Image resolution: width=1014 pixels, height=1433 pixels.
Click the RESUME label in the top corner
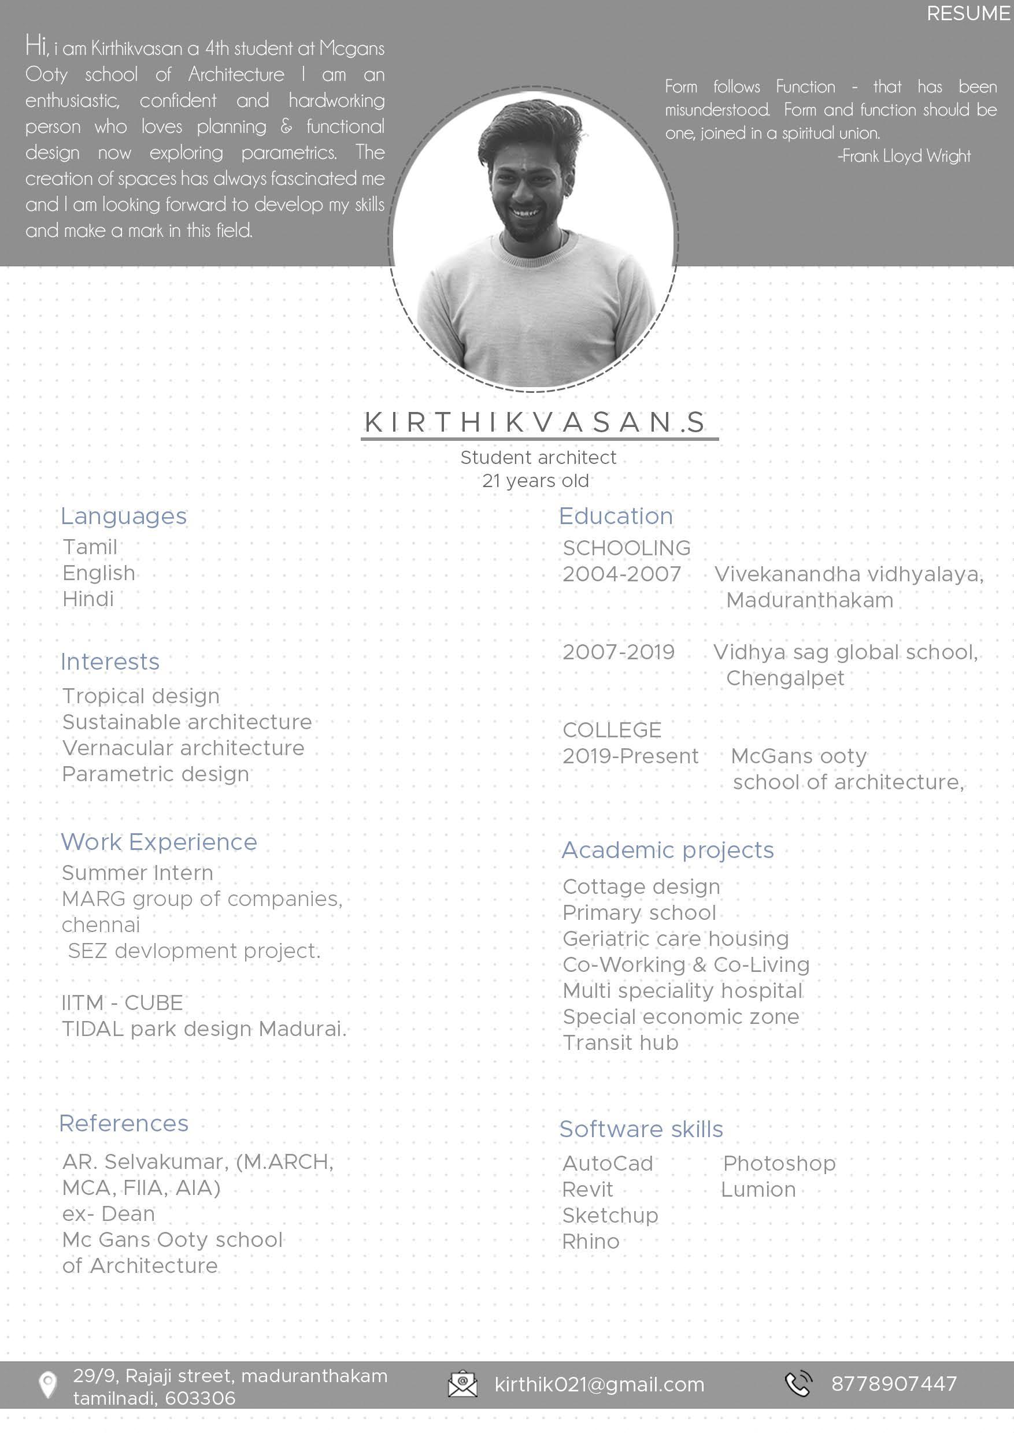[x=968, y=14]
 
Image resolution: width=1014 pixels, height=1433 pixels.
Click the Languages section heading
[x=124, y=516]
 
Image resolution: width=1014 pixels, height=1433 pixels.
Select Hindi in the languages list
[x=88, y=599]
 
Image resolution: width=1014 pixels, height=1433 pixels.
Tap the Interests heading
[x=110, y=662]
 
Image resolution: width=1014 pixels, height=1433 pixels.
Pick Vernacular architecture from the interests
[x=183, y=748]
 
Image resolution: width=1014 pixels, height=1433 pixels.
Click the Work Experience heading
[x=158, y=842]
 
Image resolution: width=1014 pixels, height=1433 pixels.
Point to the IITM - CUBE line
[x=123, y=1003]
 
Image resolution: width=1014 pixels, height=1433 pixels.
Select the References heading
[x=124, y=1123]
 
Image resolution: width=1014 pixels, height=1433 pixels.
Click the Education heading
[x=616, y=516]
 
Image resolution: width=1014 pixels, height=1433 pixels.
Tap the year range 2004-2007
[x=621, y=574]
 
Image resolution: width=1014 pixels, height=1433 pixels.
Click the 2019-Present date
[x=630, y=756]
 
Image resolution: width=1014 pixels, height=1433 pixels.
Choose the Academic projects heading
[x=668, y=850]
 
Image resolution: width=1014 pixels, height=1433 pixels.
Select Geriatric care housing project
[x=676, y=939]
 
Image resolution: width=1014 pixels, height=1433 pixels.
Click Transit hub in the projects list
[x=620, y=1043]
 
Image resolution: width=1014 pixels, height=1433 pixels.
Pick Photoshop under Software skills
[x=779, y=1163]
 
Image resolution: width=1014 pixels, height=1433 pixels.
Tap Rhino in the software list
[x=591, y=1242]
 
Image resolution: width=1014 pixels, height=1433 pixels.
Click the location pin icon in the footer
[x=47, y=1386]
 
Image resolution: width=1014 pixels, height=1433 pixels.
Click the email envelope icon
[x=462, y=1384]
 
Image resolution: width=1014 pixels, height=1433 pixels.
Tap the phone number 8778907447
[x=894, y=1384]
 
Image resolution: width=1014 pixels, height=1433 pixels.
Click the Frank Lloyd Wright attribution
[x=904, y=156]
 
